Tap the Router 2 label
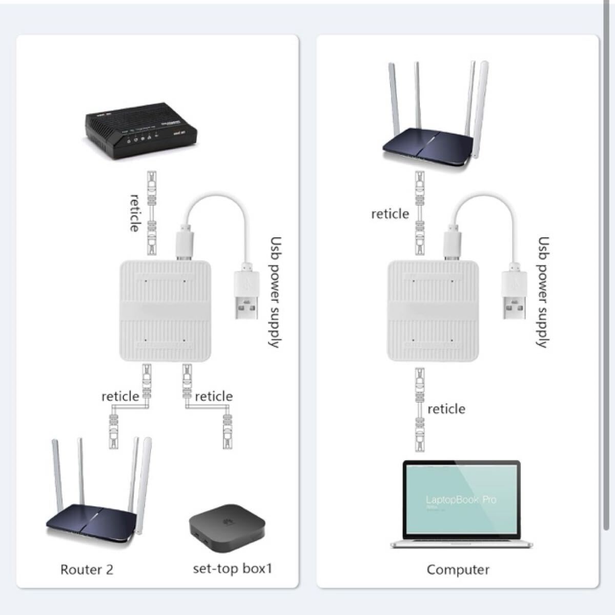(87, 569)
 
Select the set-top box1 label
(232, 568)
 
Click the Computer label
(458, 569)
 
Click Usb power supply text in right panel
(543, 292)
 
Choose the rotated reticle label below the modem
(134, 213)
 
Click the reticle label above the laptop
(446, 408)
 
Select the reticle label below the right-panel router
(390, 213)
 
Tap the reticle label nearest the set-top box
(214, 396)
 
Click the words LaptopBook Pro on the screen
(461, 500)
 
